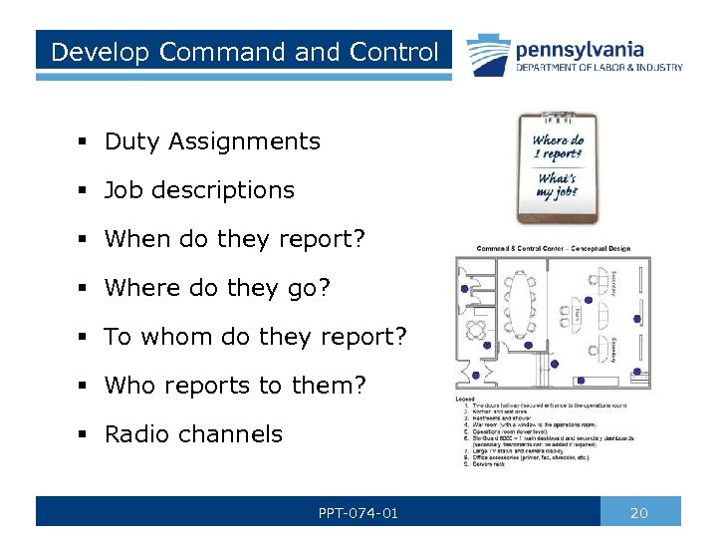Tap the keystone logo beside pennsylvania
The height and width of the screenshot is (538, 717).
tap(485, 53)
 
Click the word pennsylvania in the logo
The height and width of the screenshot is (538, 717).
tap(579, 49)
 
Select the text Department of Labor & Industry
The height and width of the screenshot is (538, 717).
tap(598, 68)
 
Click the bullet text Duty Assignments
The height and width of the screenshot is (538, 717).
tap(212, 141)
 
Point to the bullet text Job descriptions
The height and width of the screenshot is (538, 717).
tap(199, 190)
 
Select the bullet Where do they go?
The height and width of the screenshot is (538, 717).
tap(217, 288)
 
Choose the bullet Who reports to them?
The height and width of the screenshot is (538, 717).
tap(235, 386)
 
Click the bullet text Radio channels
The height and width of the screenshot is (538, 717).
tap(193, 434)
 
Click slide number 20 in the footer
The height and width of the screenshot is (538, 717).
tap(639, 513)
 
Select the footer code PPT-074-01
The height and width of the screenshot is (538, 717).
tap(358, 513)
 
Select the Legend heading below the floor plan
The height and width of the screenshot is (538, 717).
tap(466, 400)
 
